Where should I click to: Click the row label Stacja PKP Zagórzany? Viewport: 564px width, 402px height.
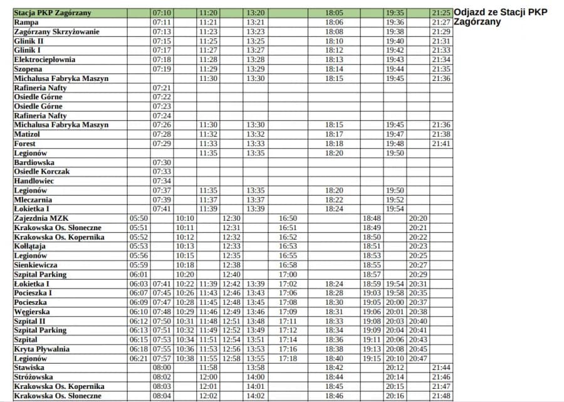point(52,13)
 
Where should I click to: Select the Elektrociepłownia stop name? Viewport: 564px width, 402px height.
point(44,60)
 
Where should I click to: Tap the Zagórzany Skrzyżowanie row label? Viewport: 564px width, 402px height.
point(56,31)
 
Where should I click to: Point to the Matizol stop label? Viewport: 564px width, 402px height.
point(27,134)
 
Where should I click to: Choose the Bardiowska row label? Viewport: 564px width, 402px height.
point(34,162)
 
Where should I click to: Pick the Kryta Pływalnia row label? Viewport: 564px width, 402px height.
point(41,349)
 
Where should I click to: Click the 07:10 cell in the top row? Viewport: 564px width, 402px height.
point(161,13)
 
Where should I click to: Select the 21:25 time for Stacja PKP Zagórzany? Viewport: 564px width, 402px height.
point(441,13)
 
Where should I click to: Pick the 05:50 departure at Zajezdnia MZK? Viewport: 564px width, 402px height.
point(138,218)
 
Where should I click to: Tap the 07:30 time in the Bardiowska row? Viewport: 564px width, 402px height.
point(161,162)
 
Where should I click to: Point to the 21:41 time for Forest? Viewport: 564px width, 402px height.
point(441,144)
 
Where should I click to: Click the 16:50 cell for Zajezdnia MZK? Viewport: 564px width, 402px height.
point(288,218)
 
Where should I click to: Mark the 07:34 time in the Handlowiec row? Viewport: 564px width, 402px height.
point(161,181)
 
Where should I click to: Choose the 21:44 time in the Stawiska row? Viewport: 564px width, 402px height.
point(441,368)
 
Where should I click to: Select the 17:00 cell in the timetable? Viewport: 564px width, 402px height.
point(288,275)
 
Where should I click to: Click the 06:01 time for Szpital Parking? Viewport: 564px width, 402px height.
point(138,275)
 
